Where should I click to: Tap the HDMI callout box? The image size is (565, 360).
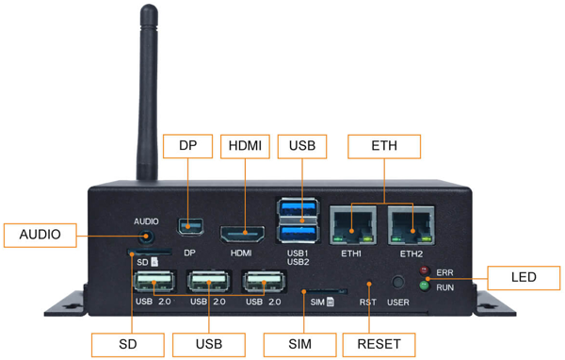[x=246, y=146]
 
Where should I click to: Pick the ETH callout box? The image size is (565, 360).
[x=384, y=146]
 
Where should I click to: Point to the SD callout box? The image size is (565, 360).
[x=128, y=344]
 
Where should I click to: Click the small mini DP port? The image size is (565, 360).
[x=189, y=228]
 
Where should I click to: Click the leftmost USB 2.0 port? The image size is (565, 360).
[x=155, y=282]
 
